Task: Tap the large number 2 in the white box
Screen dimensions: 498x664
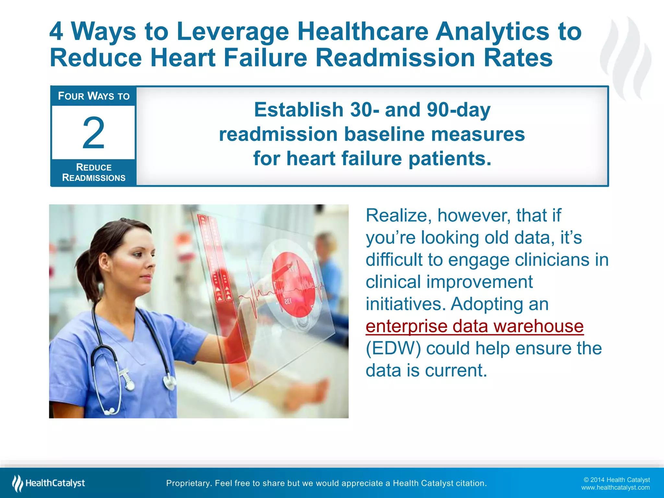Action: [x=93, y=133]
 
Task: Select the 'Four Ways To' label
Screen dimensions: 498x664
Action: [x=94, y=96]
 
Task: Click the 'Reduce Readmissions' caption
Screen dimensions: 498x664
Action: [x=94, y=172]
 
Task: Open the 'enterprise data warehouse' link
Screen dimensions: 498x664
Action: [x=474, y=326]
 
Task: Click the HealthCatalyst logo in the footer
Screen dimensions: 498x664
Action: [x=49, y=483]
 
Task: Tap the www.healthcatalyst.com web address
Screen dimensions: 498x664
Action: [x=615, y=488]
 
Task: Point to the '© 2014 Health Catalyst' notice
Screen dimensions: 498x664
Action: [x=617, y=480]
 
